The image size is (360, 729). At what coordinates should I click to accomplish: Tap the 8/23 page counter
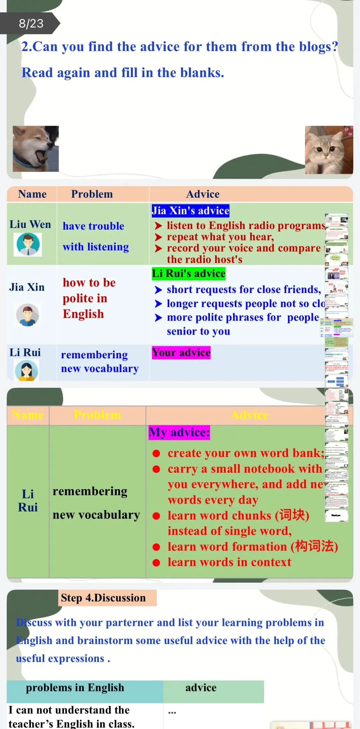[x=31, y=23]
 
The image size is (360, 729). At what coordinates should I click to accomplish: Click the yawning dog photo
[x=36, y=149]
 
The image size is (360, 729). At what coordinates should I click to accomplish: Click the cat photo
[x=329, y=150]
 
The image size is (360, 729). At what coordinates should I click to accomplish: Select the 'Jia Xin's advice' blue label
[x=190, y=211]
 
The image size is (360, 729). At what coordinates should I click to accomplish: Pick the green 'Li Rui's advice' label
[x=189, y=274]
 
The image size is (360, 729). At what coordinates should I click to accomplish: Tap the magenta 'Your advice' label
[x=181, y=353]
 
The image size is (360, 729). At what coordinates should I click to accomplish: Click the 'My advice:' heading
[x=179, y=432]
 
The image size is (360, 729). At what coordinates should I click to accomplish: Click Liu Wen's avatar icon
[x=28, y=244]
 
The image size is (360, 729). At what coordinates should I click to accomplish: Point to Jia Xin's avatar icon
[x=28, y=315]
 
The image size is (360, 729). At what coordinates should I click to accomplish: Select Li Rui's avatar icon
[x=27, y=371]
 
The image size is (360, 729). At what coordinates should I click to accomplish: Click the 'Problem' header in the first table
[x=92, y=194]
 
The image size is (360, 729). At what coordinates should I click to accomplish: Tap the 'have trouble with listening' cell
[x=95, y=236]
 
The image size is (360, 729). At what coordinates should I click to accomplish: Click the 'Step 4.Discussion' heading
[x=103, y=598]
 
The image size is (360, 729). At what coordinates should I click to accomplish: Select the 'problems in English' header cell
[x=75, y=688]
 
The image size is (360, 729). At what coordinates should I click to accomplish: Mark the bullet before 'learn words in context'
[x=156, y=563]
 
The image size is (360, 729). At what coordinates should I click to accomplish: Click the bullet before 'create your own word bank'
[x=156, y=453]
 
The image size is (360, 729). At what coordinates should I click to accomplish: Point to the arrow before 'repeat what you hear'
[x=158, y=237]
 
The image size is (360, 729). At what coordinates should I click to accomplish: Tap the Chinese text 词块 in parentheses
[x=292, y=515]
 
